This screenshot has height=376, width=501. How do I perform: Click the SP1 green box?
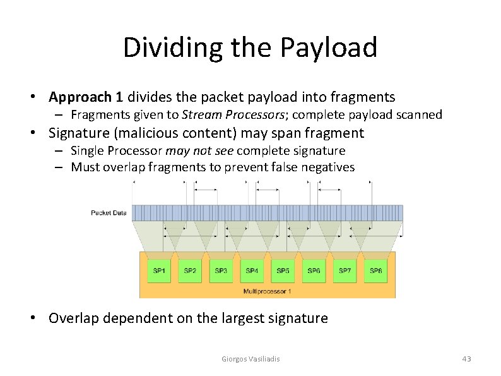coord(159,271)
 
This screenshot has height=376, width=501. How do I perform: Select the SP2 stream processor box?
coord(190,271)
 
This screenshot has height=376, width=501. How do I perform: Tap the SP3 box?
coord(221,271)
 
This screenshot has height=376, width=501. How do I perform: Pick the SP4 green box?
coord(252,271)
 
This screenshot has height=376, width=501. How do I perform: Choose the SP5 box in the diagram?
coord(283,271)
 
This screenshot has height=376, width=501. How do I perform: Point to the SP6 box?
coord(314,271)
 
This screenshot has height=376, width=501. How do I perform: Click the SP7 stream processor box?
coord(345,271)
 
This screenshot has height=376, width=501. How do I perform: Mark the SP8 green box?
coord(375,271)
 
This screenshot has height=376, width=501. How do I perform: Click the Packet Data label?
coord(109,213)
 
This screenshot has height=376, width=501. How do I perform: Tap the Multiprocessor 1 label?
coord(267,291)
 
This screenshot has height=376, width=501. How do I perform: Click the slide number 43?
coord(466,359)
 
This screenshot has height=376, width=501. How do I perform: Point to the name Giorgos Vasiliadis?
coord(251,359)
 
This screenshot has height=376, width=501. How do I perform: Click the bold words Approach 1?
coord(86,97)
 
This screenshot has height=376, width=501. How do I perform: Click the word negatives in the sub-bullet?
coord(329,167)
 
